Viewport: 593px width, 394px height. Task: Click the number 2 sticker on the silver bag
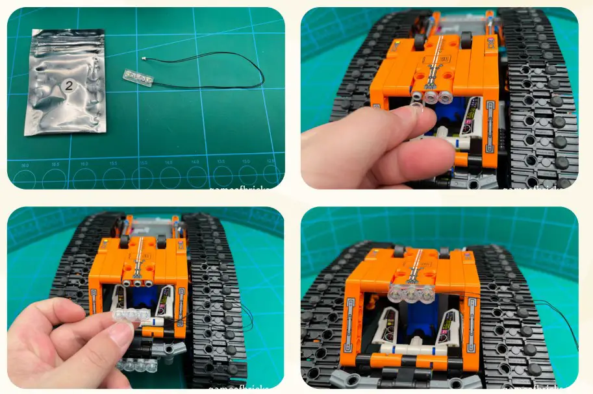(68, 86)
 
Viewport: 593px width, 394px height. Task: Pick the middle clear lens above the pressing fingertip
(431, 96)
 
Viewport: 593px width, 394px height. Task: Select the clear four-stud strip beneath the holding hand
(137, 365)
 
